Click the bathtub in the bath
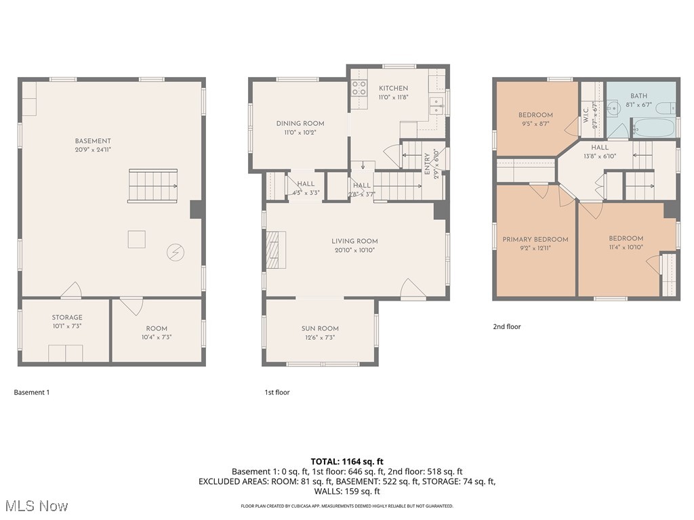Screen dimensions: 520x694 tap(653, 128)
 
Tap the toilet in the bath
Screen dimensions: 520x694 tap(667, 108)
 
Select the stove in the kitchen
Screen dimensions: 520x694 tap(359, 89)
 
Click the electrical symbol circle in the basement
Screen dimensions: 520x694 tap(175, 253)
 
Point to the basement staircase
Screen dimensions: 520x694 tap(153, 186)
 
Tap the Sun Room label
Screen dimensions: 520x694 tap(320, 328)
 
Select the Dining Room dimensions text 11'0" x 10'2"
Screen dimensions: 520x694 tap(300, 133)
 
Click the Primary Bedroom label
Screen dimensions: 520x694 tap(535, 240)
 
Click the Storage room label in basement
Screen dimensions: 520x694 tap(67, 318)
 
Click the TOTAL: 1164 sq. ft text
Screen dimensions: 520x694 tap(347, 461)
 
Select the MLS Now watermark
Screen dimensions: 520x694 tap(35, 506)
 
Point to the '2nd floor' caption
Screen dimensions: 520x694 tap(506, 326)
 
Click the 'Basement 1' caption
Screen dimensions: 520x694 tap(32, 392)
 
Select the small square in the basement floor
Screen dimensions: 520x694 tap(136, 239)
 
